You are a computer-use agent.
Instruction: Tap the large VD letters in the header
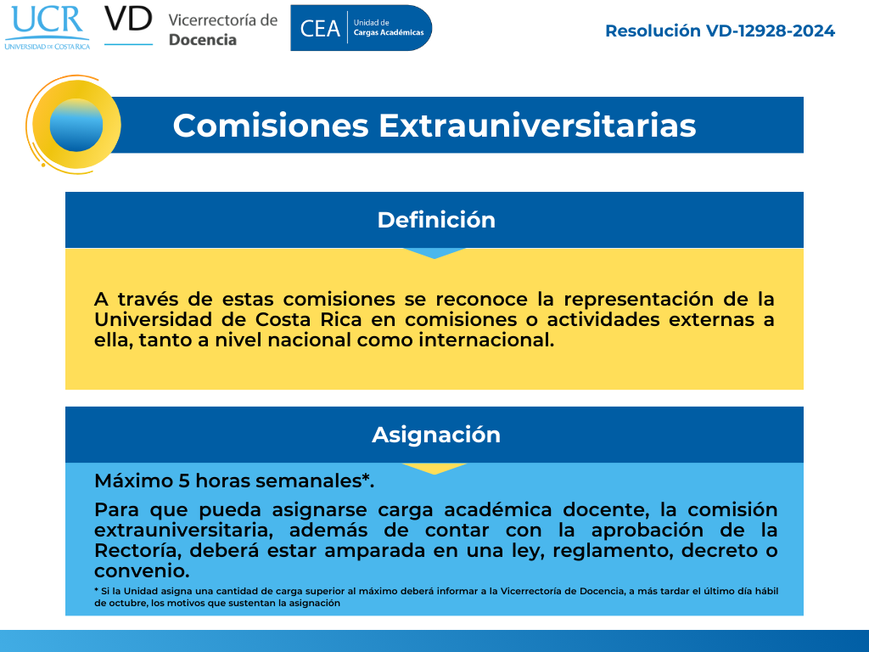click(x=128, y=19)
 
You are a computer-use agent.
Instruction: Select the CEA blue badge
click(x=361, y=28)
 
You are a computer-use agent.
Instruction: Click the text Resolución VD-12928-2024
click(x=720, y=31)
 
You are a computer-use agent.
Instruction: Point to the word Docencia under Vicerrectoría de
click(x=202, y=40)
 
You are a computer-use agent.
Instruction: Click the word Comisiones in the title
click(x=271, y=126)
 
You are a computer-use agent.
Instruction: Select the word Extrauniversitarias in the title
click(x=537, y=126)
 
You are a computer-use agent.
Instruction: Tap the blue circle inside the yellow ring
click(x=76, y=126)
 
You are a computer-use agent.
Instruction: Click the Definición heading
click(x=436, y=220)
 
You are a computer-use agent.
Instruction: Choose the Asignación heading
click(x=436, y=436)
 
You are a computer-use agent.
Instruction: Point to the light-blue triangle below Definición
click(x=434, y=253)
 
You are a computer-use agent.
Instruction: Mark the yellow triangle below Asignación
click(x=434, y=469)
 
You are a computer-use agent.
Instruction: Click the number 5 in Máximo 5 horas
click(x=184, y=481)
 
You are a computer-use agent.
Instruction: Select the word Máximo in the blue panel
click(x=133, y=481)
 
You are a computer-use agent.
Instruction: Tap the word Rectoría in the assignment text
click(x=138, y=550)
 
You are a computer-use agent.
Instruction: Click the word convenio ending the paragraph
click(x=142, y=571)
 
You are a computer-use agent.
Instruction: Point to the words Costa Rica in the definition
click(x=309, y=320)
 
